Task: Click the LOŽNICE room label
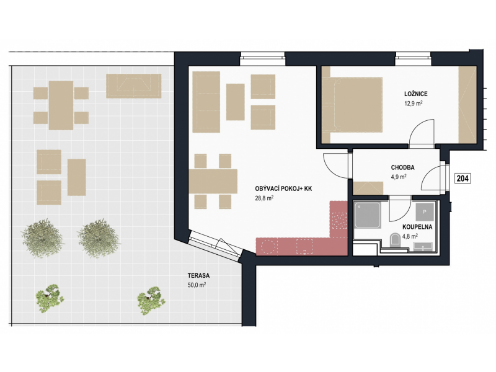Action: [415, 94]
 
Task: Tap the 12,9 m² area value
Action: [414, 104]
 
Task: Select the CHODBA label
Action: [402, 167]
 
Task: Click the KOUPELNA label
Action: [417, 227]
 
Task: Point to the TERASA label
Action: [198, 275]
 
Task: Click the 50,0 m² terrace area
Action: [197, 285]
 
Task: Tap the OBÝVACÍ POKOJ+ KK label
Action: [283, 189]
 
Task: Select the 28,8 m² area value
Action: [264, 198]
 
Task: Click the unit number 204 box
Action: [463, 179]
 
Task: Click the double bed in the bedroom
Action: [352, 105]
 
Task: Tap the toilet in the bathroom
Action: [396, 239]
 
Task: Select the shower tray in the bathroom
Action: [368, 215]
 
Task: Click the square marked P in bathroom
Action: [424, 212]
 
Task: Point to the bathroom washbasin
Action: [423, 246]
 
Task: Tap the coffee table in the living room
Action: [236, 102]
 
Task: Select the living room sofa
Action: [206, 102]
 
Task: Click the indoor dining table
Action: [213, 181]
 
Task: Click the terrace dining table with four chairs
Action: [61, 105]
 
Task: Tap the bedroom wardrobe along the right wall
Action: [468, 105]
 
